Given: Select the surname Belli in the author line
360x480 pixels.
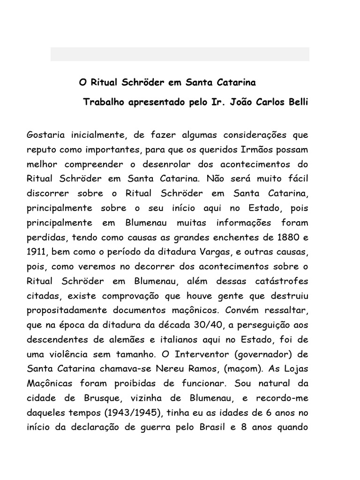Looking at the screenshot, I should tap(297, 102).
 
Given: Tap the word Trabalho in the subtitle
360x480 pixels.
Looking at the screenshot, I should tap(102, 102).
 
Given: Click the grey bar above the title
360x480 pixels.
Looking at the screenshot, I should tap(180, 54).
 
